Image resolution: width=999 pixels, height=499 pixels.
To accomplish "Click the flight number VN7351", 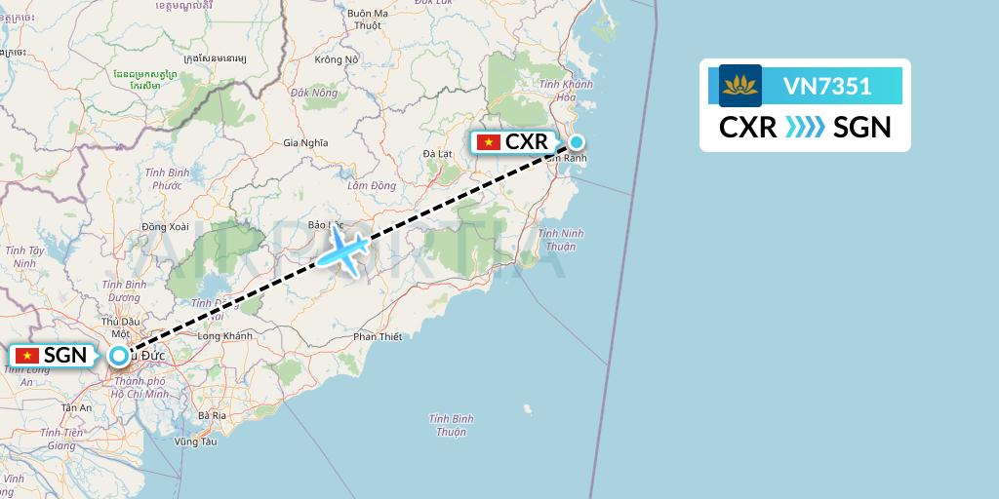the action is [827, 87].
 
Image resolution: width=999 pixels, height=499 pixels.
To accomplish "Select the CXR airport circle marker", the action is [577, 141].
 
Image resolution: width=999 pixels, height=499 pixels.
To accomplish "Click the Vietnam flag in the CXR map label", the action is [488, 142].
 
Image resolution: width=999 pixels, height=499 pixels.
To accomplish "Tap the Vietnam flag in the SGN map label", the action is [26, 356].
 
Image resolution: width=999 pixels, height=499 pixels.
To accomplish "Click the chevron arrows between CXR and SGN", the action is [806, 127].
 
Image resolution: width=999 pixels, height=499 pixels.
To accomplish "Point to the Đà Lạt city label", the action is [439, 154].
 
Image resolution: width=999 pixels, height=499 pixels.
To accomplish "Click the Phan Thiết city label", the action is [378, 337].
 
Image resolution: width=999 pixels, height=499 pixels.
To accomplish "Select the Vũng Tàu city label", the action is [195, 441].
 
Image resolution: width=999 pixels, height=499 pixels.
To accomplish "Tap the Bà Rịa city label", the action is [212, 415].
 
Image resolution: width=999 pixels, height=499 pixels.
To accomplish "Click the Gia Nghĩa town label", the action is [304, 142].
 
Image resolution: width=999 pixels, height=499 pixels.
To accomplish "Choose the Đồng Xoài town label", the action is [163, 226].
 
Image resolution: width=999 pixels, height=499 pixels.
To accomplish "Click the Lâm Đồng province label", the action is [371, 185].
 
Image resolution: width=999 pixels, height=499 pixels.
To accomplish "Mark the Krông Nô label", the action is [338, 59].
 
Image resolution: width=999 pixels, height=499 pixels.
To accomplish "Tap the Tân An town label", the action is [76, 408].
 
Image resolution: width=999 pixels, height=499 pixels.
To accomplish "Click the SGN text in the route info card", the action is [862, 127].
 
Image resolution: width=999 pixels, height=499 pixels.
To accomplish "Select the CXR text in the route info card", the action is [748, 127].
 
